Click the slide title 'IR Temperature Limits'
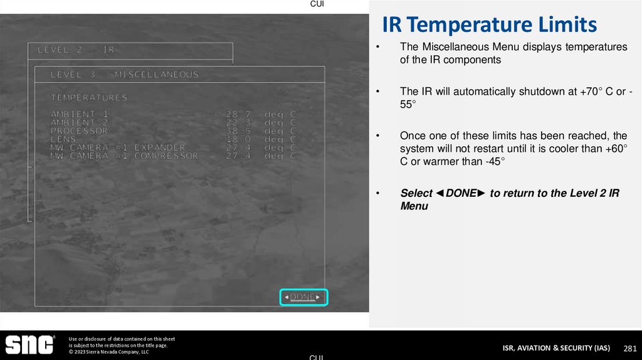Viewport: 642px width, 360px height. click(489, 25)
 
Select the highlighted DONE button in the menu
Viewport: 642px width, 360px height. click(303, 297)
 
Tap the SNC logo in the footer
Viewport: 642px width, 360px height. click(29, 344)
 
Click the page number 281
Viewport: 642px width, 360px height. click(629, 348)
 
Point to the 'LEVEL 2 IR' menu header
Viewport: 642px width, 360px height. click(76, 50)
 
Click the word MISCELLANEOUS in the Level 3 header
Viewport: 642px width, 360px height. click(156, 75)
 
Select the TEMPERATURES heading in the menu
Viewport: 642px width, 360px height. click(88, 98)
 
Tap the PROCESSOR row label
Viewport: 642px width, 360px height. click(79, 130)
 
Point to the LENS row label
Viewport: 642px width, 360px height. click(63, 139)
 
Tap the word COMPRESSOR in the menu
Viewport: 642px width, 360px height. click(166, 156)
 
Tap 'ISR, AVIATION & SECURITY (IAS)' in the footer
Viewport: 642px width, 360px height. click(556, 348)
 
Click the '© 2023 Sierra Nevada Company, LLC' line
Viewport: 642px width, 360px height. click(108, 352)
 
